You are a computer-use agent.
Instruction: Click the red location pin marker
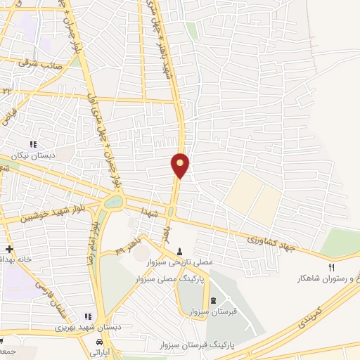coord(181,164)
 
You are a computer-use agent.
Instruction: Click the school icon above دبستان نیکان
coord(33,145)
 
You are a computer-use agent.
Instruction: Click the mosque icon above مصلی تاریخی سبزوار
coord(179,251)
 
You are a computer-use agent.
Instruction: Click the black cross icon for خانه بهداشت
coord(8,249)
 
